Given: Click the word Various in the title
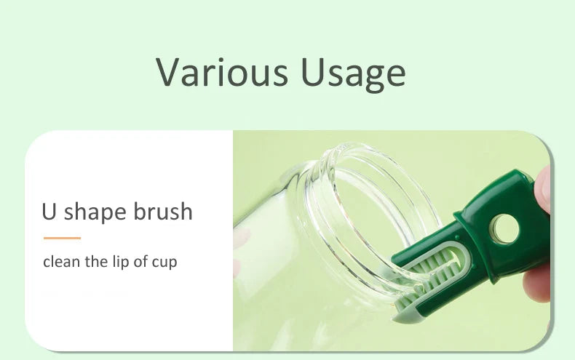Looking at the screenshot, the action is [222, 71].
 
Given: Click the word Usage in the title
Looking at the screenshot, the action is [353, 73].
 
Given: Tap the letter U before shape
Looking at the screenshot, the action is [49, 211].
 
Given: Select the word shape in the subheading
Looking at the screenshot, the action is [95, 212].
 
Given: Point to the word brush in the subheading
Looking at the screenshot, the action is [162, 211].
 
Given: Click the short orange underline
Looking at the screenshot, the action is [62, 238].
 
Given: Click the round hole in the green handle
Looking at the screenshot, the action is [506, 229].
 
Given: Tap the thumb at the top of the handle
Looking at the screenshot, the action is [543, 190].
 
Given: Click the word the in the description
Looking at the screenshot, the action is [96, 261].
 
